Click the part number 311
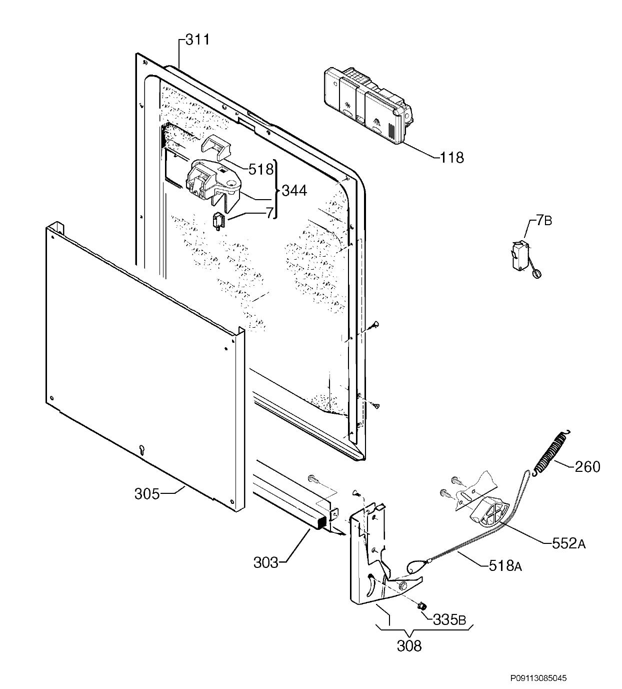point(197,40)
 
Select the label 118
point(451,158)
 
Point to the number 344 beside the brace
point(294,190)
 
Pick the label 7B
point(543,220)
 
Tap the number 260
point(587,467)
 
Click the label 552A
point(568,543)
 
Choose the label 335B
point(449,619)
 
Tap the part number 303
point(265,563)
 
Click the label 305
point(147,494)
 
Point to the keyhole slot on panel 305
point(141,450)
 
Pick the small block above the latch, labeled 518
point(216,147)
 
